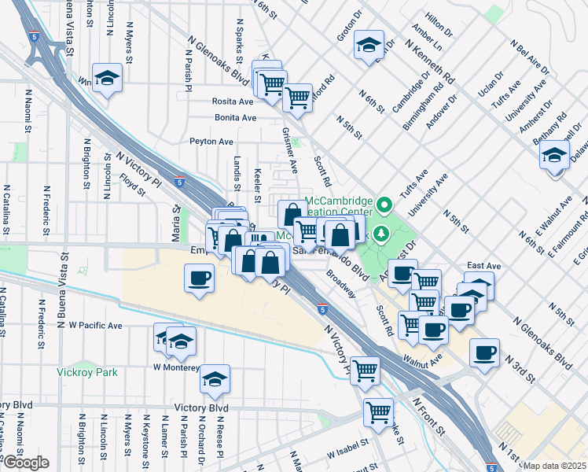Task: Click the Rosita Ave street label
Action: pyautogui.click(x=233, y=101)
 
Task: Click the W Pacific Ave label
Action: pyautogui.click(x=95, y=325)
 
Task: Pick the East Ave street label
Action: pyautogui.click(x=483, y=267)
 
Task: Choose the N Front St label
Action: pyautogui.click(x=429, y=416)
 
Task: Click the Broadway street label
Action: pyautogui.click(x=342, y=285)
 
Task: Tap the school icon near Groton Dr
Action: pyautogui.click(x=367, y=45)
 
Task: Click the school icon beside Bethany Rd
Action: pyautogui.click(x=555, y=154)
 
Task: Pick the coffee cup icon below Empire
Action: pyautogui.click(x=199, y=277)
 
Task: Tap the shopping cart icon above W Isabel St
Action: pyautogui.click(x=379, y=410)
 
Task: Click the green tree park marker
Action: pyautogui.click(x=381, y=233)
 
